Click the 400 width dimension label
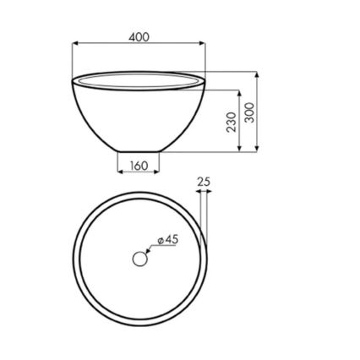139,37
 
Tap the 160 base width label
139,166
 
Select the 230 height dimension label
231,122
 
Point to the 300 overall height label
249,112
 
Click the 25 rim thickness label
204,181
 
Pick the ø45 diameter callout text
168,239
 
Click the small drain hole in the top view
139,259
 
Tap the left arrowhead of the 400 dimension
75,45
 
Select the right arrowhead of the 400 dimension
203,45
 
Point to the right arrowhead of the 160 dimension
160,172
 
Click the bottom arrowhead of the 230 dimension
239,150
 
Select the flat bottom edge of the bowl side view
139,152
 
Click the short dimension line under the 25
204,192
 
